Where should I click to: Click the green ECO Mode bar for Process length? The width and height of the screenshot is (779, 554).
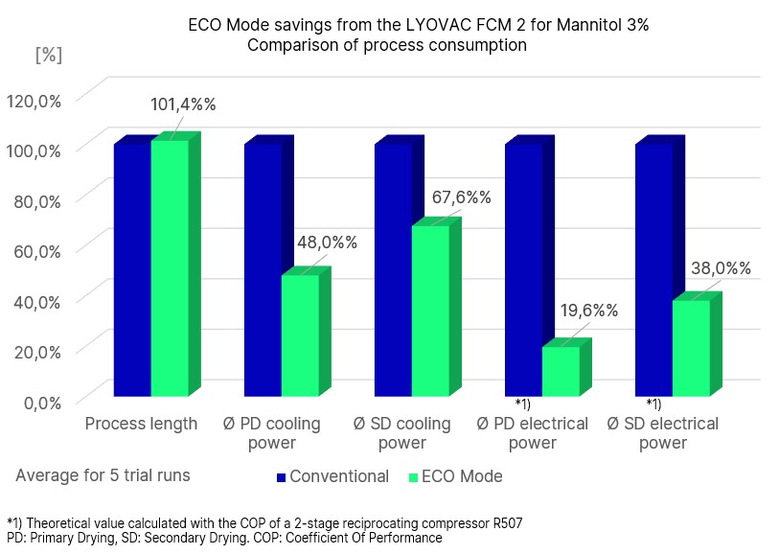pyautogui.click(x=170, y=268)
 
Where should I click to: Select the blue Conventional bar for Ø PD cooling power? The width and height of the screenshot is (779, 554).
pyautogui.click(x=263, y=269)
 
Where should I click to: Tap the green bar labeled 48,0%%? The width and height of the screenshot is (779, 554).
pyautogui.click(x=300, y=335)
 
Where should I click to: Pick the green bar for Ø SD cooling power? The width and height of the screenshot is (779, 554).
pyautogui.click(x=430, y=311)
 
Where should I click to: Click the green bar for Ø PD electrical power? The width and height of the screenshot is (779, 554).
pyautogui.click(x=561, y=371)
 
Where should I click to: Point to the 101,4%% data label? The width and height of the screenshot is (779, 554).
pyautogui.click(x=183, y=104)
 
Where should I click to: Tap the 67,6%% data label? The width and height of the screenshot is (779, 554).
pyautogui.click(x=458, y=197)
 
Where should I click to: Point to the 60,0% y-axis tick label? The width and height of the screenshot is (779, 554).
pyautogui.click(x=36, y=250)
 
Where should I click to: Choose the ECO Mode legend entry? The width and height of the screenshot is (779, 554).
pyautogui.click(x=461, y=476)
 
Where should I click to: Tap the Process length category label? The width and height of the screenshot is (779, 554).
pyautogui.click(x=142, y=425)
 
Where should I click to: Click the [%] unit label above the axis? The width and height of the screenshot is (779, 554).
pyautogui.click(x=48, y=55)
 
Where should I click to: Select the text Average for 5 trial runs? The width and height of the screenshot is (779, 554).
pyautogui.click(x=103, y=475)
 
